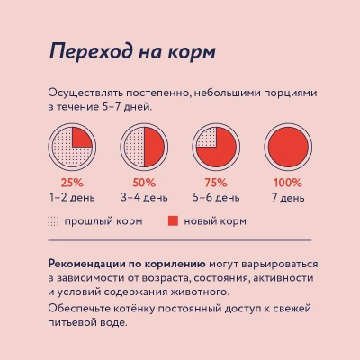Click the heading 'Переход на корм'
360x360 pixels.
tap(131, 51)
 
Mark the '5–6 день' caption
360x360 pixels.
tap(216, 195)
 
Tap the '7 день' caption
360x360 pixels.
tap(288, 195)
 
